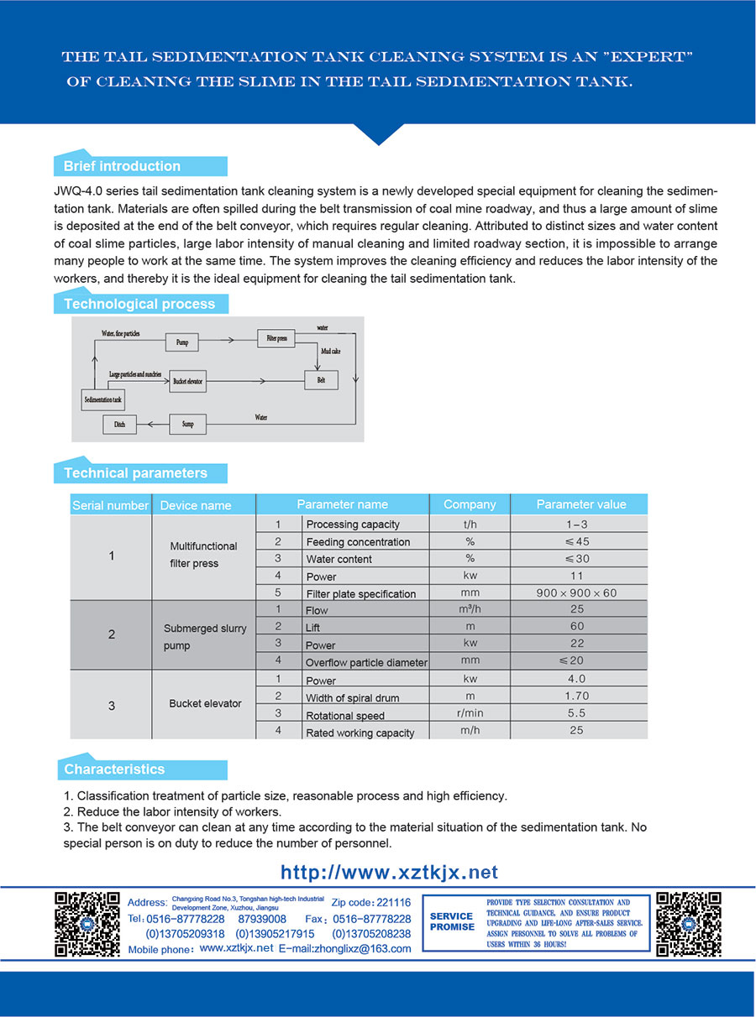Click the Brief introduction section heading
pyautogui.click(x=123, y=166)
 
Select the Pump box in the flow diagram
pyautogui.click(x=182, y=342)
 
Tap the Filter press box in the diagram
pyautogui.click(x=277, y=338)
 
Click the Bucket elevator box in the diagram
pyautogui.click(x=186, y=381)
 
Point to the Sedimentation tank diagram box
pyautogui.click(x=103, y=400)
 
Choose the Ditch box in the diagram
pyautogui.click(x=119, y=425)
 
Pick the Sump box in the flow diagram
pyautogui.click(x=187, y=425)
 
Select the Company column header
pyautogui.click(x=470, y=504)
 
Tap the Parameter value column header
pyautogui.click(x=580, y=504)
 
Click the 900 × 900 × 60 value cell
pyautogui.click(x=576, y=593)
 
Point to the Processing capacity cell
pyautogui.click(x=353, y=524)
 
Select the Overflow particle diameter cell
pyautogui.click(x=366, y=663)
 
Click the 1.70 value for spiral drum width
pyautogui.click(x=576, y=696)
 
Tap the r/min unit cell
pyautogui.click(x=470, y=714)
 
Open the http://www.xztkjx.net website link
pyautogui.click(x=389, y=873)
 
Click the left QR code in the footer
pyautogui.click(x=87, y=923)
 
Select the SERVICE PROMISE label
pyautogui.click(x=452, y=922)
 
